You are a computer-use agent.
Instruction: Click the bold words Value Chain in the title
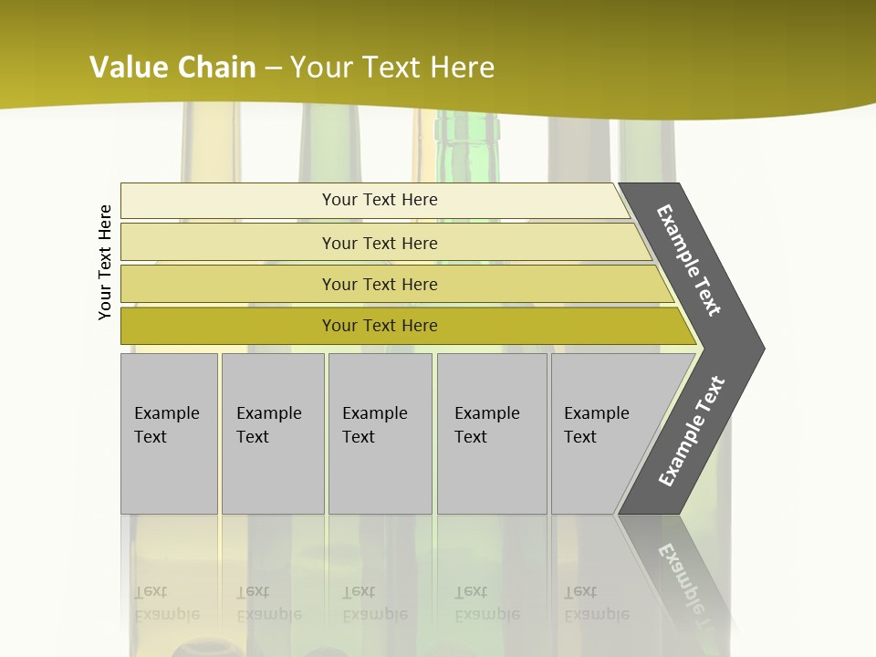click(x=172, y=68)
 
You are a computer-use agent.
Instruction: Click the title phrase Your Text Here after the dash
click(x=392, y=68)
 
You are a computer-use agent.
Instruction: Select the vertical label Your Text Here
click(x=105, y=262)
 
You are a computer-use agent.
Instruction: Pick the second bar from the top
click(x=379, y=243)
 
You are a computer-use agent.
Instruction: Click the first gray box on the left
click(x=169, y=433)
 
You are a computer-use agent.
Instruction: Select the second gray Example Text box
click(x=272, y=433)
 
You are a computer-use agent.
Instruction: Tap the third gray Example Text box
click(x=380, y=433)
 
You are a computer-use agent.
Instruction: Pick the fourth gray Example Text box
click(x=491, y=433)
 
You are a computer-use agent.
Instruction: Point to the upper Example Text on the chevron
click(x=689, y=260)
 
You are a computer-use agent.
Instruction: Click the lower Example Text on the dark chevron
click(x=691, y=432)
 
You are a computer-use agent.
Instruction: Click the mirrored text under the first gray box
click(x=166, y=603)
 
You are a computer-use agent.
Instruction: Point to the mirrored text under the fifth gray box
click(x=596, y=603)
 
